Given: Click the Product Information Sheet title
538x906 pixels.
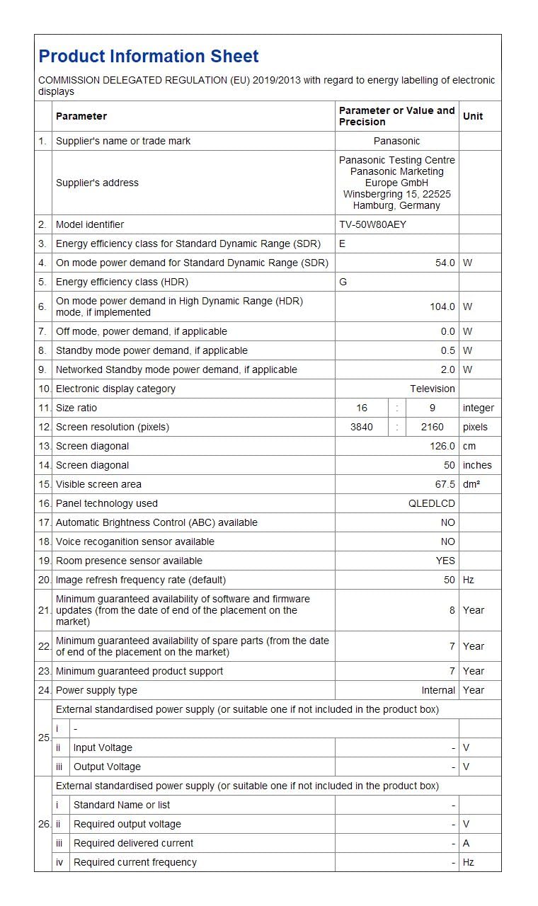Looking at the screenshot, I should click(149, 57).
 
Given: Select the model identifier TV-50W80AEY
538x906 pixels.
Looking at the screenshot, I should click(373, 224).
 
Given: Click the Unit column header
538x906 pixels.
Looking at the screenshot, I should click(473, 116).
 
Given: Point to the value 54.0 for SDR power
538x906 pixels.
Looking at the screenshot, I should click(445, 263).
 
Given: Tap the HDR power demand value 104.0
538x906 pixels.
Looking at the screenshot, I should click(442, 306).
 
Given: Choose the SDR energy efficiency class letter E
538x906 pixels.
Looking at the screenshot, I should click(343, 243).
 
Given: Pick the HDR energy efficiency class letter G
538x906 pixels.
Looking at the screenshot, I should click(343, 282).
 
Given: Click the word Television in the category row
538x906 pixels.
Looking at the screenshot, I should click(432, 389).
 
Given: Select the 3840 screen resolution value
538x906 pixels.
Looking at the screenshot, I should click(362, 427).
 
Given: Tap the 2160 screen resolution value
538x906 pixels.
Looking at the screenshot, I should click(432, 427).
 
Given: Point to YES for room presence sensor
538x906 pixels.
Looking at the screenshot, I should click(445, 561).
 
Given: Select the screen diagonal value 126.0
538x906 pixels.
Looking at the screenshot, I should click(442, 446).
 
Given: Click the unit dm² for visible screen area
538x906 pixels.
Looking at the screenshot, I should click(471, 484).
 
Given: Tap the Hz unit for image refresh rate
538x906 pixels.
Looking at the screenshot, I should click(469, 580).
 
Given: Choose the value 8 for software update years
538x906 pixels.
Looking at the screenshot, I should click(452, 610).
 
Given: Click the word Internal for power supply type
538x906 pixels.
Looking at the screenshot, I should click(438, 690).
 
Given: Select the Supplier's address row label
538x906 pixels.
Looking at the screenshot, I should click(97, 183).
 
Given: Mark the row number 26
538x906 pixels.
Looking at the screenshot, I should click(43, 824).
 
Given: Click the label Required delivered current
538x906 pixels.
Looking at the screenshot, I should click(133, 843).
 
